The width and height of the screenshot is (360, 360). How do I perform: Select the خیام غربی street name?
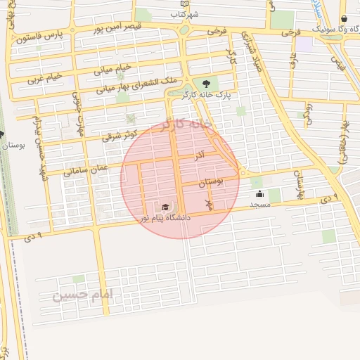point(45,77)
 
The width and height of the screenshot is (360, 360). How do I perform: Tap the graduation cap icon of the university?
point(165,207)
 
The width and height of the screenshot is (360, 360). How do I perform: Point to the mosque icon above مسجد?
point(261,194)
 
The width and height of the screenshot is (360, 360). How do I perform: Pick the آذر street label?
point(200,153)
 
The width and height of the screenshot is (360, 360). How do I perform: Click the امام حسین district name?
point(82,295)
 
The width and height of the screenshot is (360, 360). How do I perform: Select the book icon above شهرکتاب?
point(184,4)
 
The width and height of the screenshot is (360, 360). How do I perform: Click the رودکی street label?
point(308,113)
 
